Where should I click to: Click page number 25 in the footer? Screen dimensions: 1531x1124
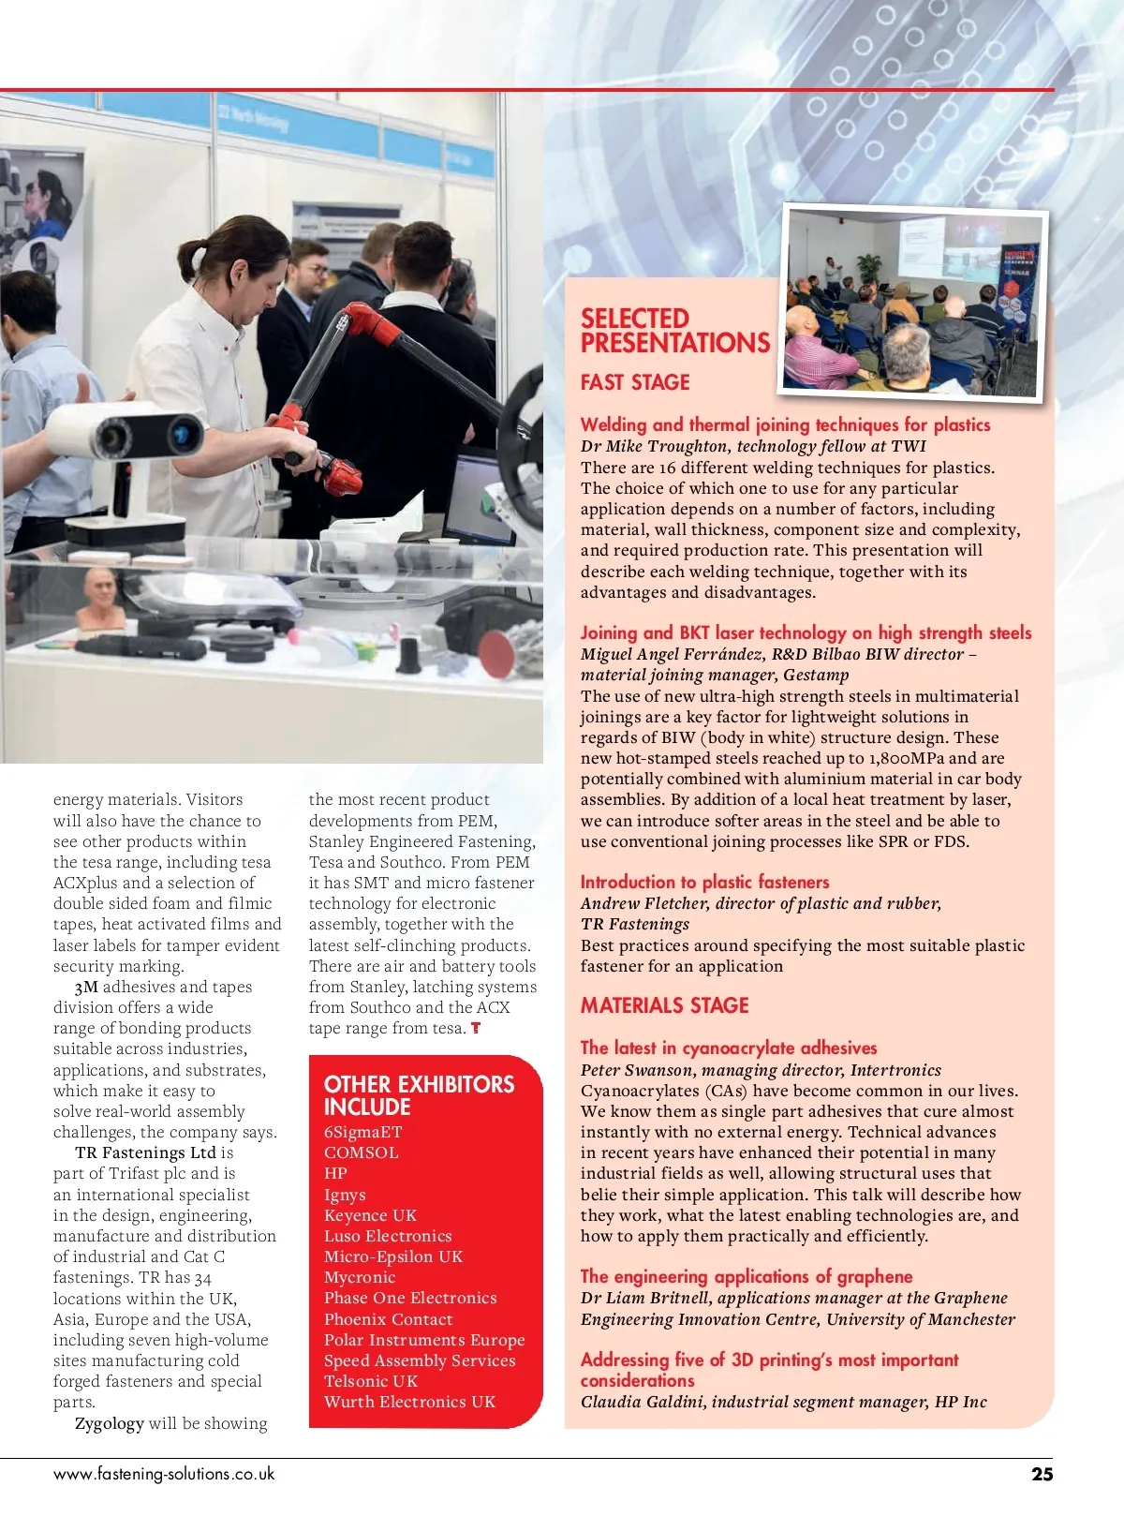click(1042, 1474)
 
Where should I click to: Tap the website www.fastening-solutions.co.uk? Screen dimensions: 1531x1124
click(164, 1474)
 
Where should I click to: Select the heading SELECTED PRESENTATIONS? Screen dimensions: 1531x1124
click(674, 331)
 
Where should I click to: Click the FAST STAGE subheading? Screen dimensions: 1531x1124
click(635, 382)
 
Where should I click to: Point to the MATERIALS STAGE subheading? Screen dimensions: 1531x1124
click(664, 1005)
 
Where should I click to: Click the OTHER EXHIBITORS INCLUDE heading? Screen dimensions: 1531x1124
click(419, 1095)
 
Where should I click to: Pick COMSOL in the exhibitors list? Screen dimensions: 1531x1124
click(361, 1152)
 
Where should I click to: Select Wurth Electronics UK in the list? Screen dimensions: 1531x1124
click(409, 1402)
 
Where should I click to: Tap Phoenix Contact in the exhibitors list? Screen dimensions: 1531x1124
click(388, 1318)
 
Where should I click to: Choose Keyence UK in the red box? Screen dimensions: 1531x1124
click(370, 1215)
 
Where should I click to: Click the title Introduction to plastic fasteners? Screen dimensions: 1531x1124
click(704, 882)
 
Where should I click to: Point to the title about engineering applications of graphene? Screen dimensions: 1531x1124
click(746, 1276)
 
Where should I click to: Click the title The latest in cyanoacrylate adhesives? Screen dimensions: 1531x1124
click(729, 1048)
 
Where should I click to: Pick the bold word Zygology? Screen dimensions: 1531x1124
click(110, 1423)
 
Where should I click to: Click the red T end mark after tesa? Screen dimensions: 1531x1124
click(476, 1028)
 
